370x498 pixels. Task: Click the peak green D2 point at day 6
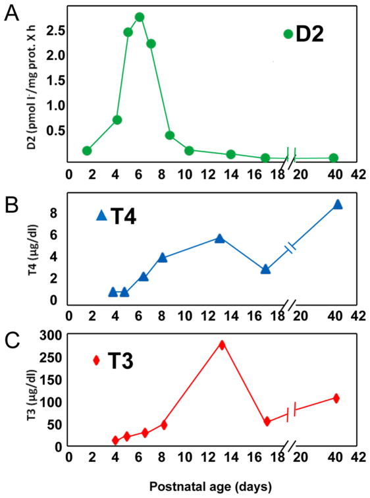[139, 17]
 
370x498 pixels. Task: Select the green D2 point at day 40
[334, 158]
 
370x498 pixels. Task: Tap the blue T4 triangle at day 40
[338, 205]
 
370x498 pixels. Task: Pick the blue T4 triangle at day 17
[265, 269]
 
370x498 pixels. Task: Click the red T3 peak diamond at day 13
[222, 345]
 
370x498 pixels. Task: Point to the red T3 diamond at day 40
[336, 398]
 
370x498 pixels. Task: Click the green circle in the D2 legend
[288, 34]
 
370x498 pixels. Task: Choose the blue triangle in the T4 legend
[101, 215]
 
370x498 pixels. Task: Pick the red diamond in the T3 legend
[96, 360]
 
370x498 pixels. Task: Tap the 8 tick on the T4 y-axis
[55, 213]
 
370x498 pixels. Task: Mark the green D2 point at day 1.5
[87, 151]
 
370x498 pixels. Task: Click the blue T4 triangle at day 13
[220, 238]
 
